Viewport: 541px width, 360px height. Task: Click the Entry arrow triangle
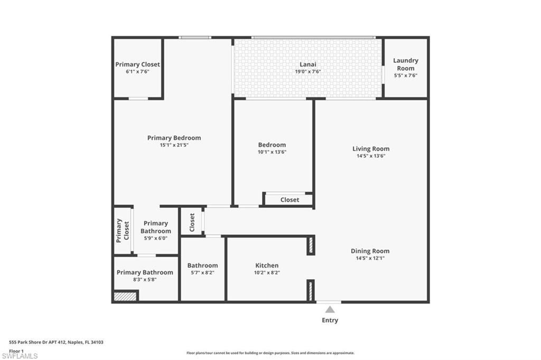(330, 309)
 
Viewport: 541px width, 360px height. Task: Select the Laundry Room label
(405, 64)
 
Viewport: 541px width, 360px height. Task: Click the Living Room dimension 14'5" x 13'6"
(371, 156)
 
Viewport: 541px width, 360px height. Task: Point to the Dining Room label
(370, 251)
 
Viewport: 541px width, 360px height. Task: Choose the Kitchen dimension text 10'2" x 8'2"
(267, 272)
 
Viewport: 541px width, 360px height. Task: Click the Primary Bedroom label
(174, 138)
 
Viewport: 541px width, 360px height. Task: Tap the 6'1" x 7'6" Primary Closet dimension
(137, 71)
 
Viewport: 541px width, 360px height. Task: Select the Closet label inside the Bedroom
(290, 200)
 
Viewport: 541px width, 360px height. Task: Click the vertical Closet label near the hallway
(192, 222)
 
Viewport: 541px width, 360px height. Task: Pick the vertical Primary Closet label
(123, 230)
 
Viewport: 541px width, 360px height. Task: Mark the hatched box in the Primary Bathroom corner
(126, 297)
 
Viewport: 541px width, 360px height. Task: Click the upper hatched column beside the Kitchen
(311, 245)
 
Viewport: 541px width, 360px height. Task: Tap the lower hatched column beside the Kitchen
(311, 290)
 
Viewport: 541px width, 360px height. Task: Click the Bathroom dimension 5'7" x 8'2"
(202, 272)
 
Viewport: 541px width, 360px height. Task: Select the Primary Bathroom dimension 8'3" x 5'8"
(144, 279)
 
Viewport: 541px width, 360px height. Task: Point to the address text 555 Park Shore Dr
(56, 342)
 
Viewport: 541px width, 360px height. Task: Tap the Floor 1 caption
(16, 350)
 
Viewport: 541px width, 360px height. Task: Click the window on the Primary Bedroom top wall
(195, 37)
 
